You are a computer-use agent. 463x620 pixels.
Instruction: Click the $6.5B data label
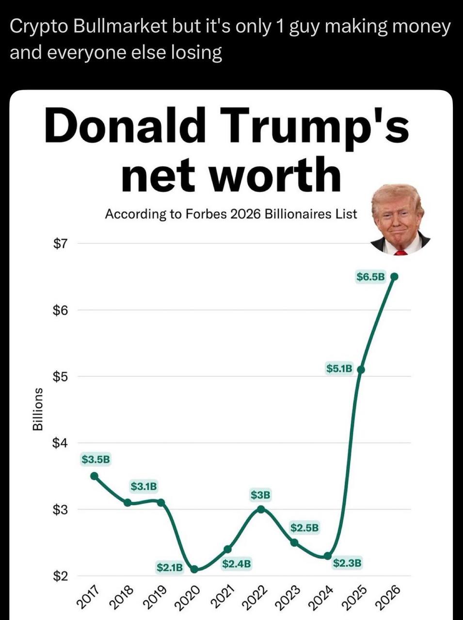tap(371, 277)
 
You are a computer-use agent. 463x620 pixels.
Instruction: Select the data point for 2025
tap(360, 369)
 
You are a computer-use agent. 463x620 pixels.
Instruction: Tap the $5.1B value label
tap(339, 369)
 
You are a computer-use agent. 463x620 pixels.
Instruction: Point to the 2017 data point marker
tap(95, 476)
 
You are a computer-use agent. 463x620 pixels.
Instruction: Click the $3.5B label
tap(96, 459)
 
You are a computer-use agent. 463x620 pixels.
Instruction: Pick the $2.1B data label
tap(170, 567)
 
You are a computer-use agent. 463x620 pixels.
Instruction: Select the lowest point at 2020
tap(194, 569)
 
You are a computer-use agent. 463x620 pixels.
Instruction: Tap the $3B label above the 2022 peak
tap(261, 495)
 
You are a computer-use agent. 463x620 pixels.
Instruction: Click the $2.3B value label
tap(347, 563)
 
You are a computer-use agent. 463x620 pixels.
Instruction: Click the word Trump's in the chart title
tap(319, 124)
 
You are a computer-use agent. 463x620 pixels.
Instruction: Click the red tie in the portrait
tap(400, 252)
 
